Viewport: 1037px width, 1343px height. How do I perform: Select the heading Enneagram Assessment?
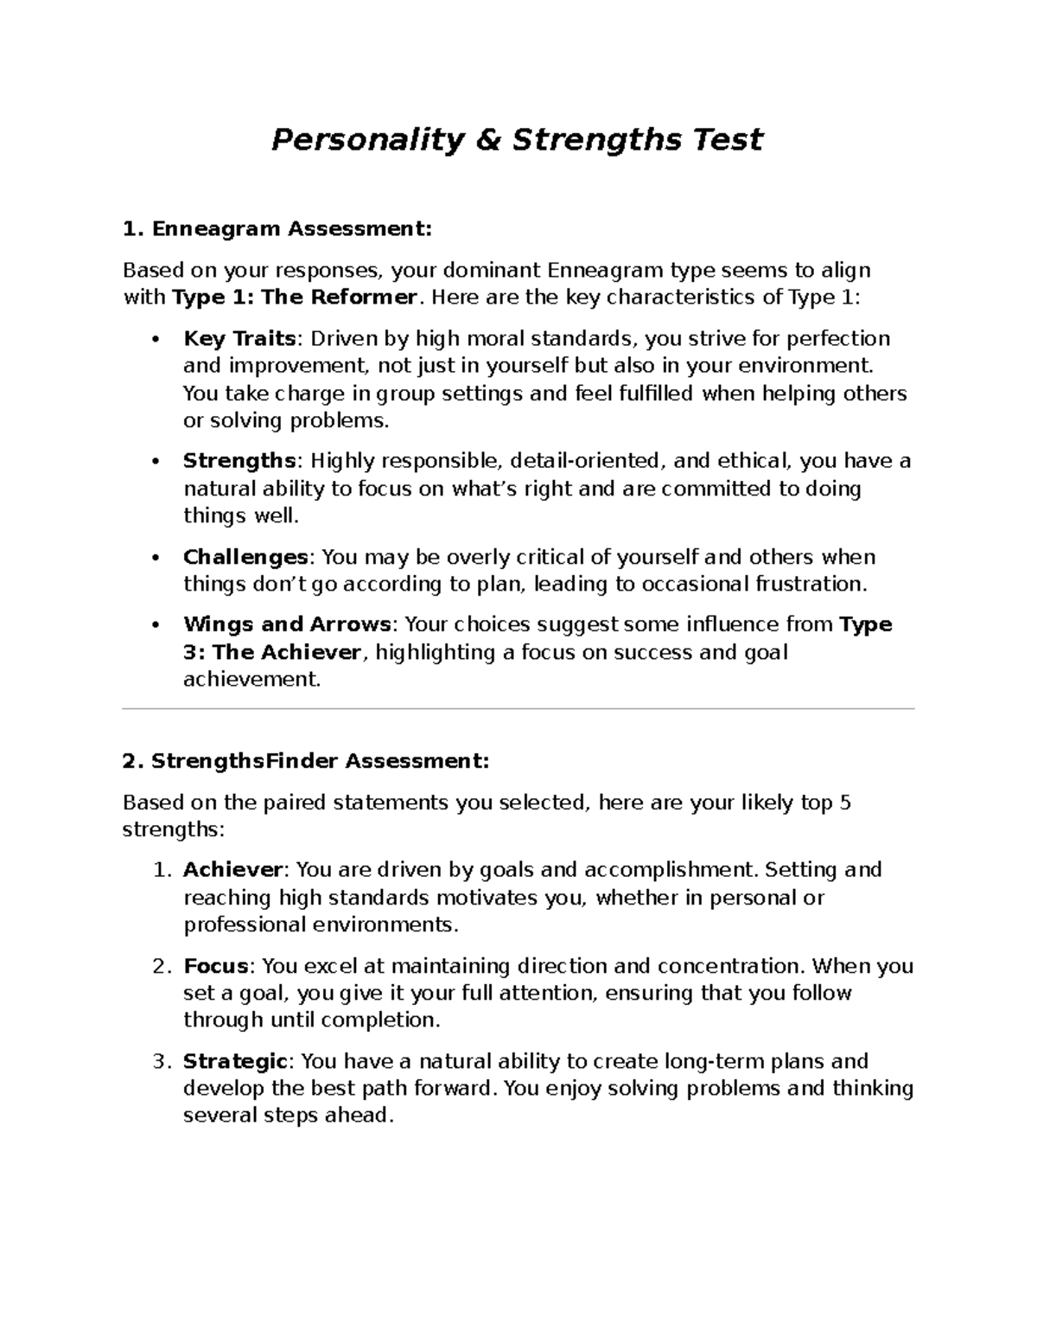[x=289, y=229]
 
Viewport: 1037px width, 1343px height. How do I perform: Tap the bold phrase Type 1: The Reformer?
[x=295, y=297]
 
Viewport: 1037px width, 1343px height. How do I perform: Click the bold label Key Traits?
[x=239, y=338]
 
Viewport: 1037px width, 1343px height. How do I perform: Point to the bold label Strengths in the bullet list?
[x=239, y=461]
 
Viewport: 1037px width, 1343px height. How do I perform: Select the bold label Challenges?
[x=245, y=557]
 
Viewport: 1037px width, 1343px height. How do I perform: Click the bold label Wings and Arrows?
[x=287, y=624]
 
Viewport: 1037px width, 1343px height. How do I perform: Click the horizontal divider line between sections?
[x=518, y=709]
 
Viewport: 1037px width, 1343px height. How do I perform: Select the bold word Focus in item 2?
[x=216, y=965]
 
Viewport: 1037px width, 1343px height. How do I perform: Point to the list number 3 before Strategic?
[x=158, y=1061]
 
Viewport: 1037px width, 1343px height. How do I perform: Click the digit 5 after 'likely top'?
[x=844, y=803]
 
